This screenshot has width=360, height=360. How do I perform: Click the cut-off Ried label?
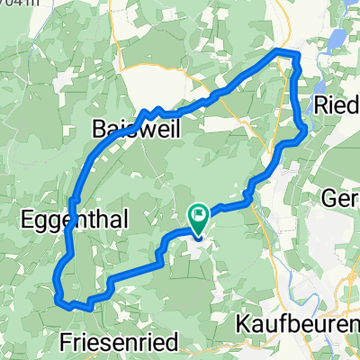point(337,105)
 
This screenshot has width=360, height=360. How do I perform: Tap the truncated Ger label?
point(342,200)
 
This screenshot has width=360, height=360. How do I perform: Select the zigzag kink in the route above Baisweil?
point(153,111)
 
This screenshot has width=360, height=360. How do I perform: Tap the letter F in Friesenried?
point(65,341)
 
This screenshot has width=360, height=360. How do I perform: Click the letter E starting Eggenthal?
point(24,219)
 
